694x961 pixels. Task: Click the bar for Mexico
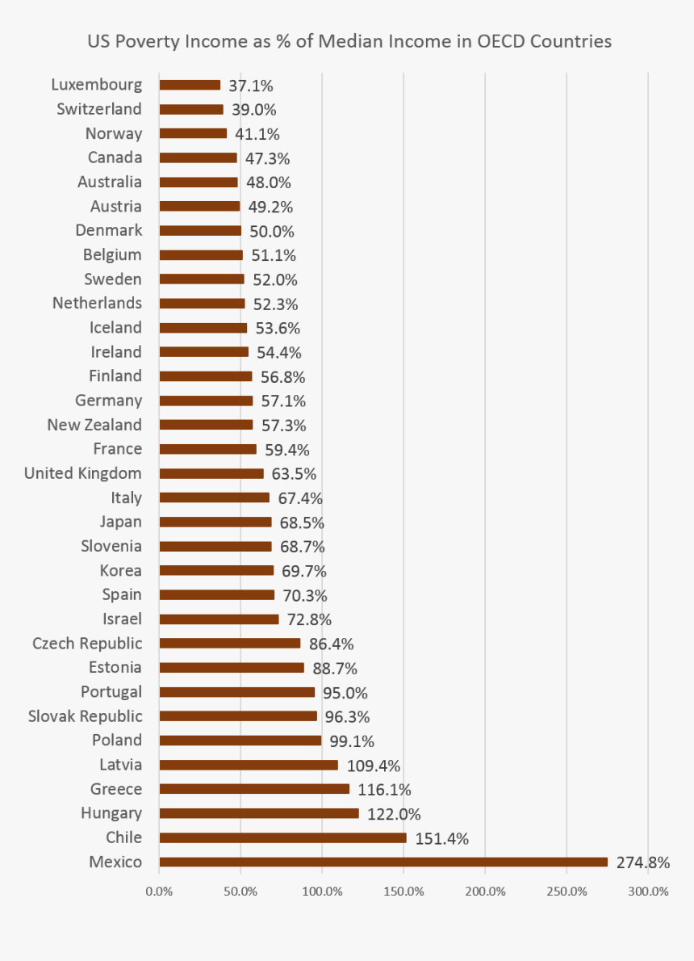(383, 862)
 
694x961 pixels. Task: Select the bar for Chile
(282, 837)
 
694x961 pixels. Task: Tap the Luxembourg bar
(190, 85)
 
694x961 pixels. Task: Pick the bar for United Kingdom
(211, 473)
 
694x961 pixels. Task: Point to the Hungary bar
(259, 813)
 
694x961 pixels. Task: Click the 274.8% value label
(643, 862)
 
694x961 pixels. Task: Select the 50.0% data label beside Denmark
(273, 231)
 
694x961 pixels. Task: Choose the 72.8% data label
(309, 619)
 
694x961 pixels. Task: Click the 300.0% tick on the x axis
(648, 892)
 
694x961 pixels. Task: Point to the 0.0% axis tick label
(159, 892)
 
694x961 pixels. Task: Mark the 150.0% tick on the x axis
(403, 892)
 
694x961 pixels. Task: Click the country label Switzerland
(99, 109)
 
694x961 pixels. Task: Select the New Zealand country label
(94, 425)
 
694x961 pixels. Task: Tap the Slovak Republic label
(85, 716)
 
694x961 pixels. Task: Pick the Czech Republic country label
(87, 644)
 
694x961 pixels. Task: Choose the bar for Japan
(215, 522)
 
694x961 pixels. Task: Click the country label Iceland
(115, 328)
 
